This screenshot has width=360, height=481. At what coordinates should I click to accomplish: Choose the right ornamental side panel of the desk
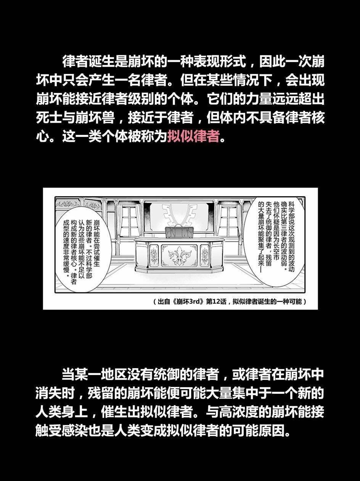[x=205, y=255]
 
